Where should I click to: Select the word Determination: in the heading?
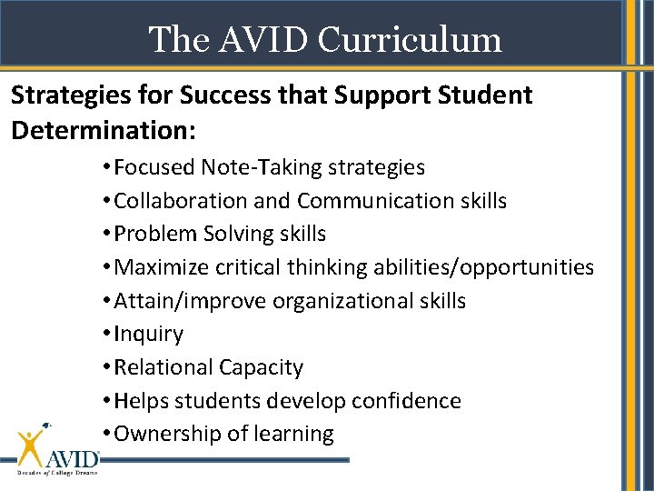coord(104,129)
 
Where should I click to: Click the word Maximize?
coord(162,267)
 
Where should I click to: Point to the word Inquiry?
coord(148,335)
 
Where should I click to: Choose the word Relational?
coord(163,367)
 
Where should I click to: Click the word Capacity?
coord(261,367)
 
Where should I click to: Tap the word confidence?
coord(408,401)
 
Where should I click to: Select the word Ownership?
coord(169,435)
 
